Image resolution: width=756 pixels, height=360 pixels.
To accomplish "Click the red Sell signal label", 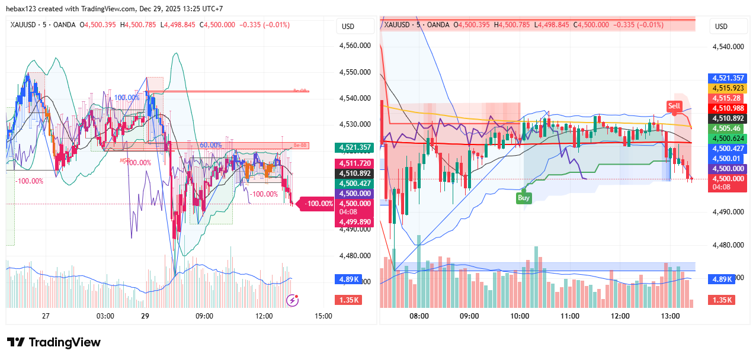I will coord(674,106).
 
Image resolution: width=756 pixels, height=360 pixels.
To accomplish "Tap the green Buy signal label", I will coord(523,198).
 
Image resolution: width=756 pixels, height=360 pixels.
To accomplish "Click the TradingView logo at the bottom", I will coord(54,342).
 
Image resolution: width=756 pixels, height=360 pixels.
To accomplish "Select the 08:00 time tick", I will coord(419,316).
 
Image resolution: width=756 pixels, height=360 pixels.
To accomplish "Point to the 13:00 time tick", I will coord(670,316).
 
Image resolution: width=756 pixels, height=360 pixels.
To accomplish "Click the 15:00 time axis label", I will coord(323,316).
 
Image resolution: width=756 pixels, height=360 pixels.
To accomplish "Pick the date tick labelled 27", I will coord(46,316).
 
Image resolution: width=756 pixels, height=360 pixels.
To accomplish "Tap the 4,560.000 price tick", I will coord(355,46).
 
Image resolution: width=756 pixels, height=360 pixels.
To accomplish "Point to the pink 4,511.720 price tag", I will coord(354,163).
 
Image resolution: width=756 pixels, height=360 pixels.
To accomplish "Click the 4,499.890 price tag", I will coord(354,222).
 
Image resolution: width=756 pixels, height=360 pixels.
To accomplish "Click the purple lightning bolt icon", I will coord(292,300).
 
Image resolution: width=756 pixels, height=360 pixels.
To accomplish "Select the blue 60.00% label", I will coord(210,145).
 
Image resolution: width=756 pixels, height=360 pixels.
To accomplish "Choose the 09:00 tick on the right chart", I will coord(469,316).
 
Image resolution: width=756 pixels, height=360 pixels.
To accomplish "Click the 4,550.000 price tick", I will coord(355,72).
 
